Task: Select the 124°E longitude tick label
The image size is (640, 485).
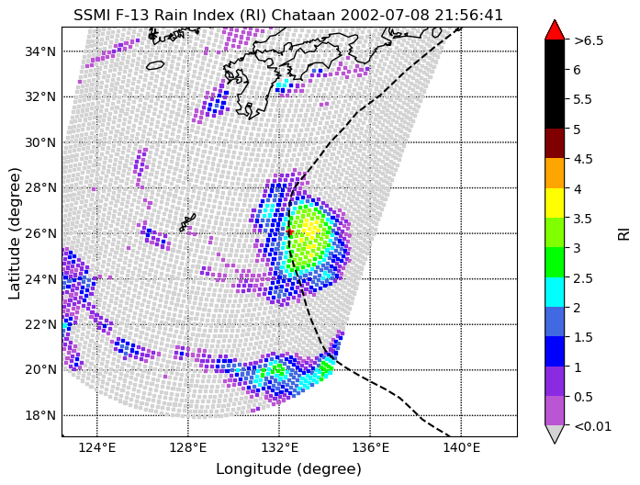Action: click(x=96, y=447)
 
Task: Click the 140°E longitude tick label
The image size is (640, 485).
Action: click(x=461, y=447)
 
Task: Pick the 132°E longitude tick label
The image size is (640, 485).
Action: click(x=279, y=447)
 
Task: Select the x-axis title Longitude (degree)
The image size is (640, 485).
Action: click(x=288, y=468)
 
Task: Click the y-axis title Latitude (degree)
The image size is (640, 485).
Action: click(x=16, y=232)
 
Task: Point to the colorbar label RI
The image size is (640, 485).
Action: click(x=623, y=233)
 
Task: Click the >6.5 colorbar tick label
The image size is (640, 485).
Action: click(x=589, y=40)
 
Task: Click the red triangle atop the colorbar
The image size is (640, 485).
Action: click(x=554, y=30)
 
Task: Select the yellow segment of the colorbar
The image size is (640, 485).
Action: click(x=554, y=203)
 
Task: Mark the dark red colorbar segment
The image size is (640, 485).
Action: click(x=554, y=143)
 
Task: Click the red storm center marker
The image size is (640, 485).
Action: click(x=290, y=232)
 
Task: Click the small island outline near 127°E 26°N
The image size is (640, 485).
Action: click(x=187, y=222)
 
